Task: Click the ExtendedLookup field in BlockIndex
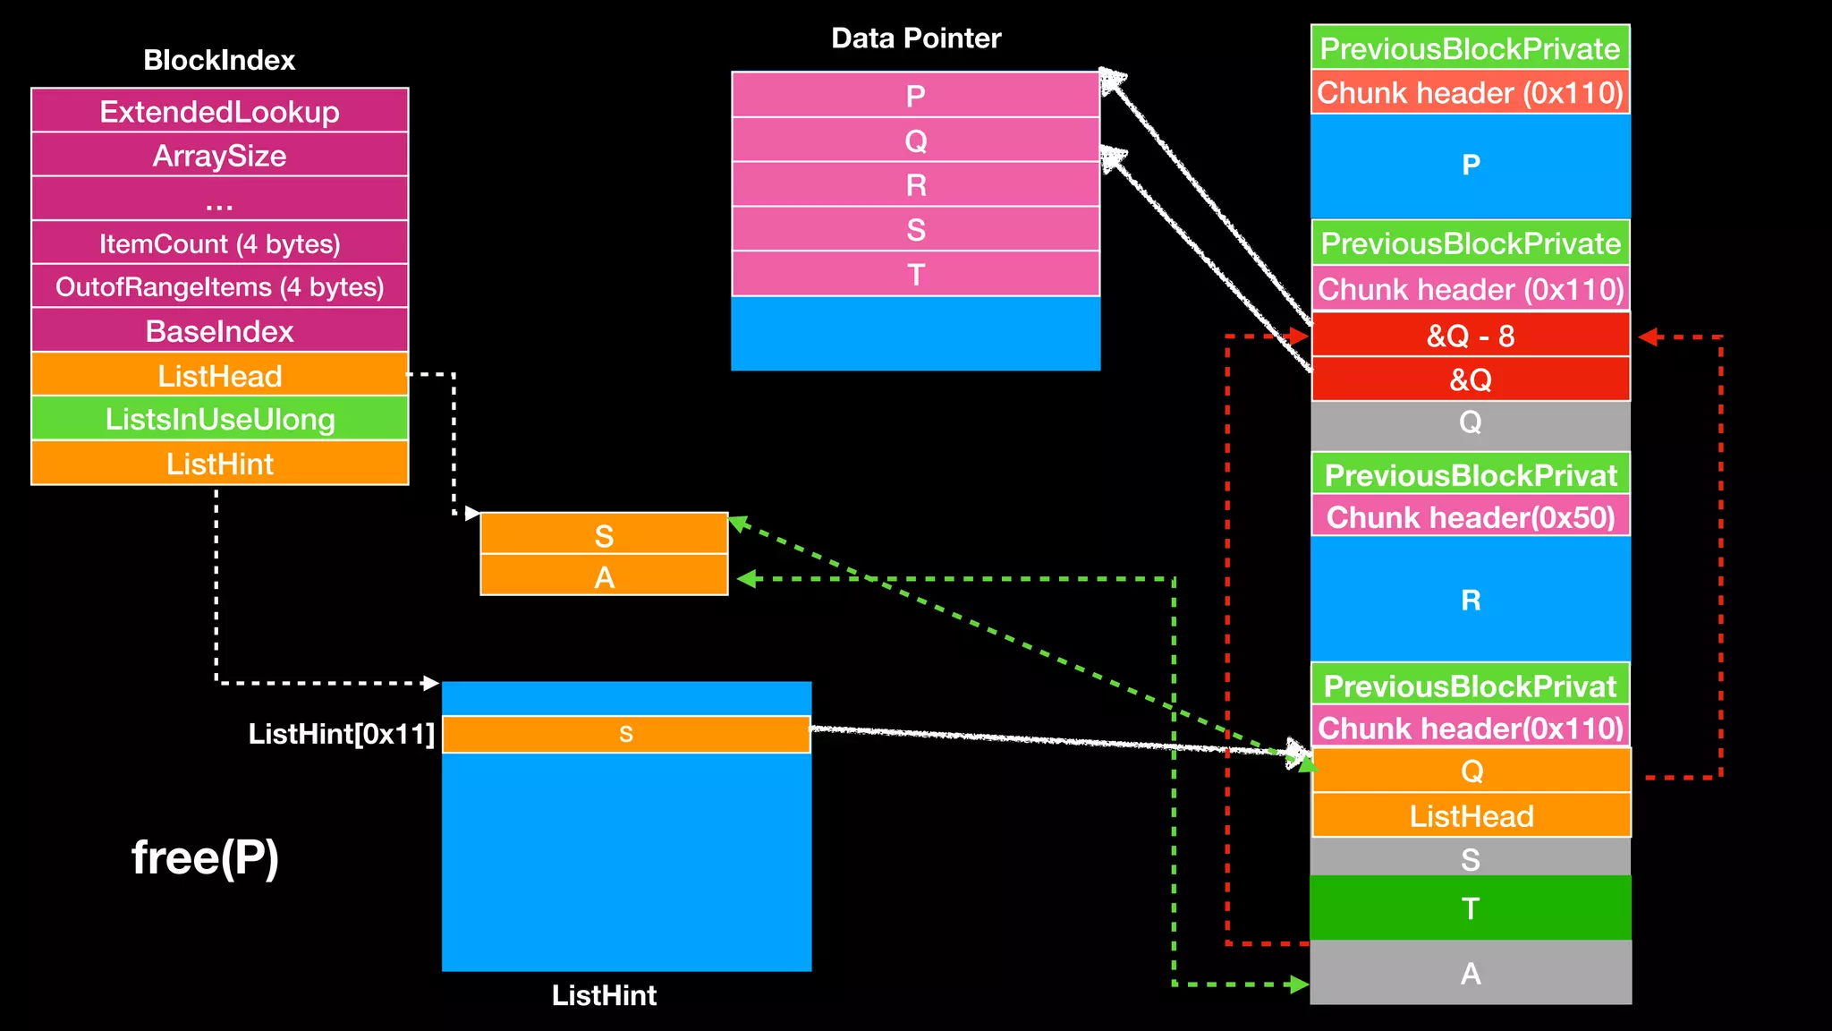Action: tap(219, 111)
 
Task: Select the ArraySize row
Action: tap(219, 155)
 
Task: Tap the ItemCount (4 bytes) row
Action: tap(219, 243)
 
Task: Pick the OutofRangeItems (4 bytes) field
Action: tap(219, 286)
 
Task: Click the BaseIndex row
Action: tap(219, 331)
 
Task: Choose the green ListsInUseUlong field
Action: tap(219, 419)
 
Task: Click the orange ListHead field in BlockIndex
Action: tap(219, 375)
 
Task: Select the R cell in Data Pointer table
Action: tap(915, 184)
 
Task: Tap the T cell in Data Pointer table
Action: tap(915, 274)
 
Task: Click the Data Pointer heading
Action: tap(915, 38)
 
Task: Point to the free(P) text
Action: tap(205, 856)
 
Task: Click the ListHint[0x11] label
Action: tap(341, 734)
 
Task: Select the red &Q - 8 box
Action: tap(1470, 336)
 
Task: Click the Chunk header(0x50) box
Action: tap(1470, 516)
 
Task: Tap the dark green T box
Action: tap(1470, 907)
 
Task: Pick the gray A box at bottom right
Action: tap(1470, 973)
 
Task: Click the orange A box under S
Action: tap(604, 576)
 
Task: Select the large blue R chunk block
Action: tap(1470, 599)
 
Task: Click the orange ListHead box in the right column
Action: tap(1471, 815)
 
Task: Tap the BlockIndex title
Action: tap(219, 60)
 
